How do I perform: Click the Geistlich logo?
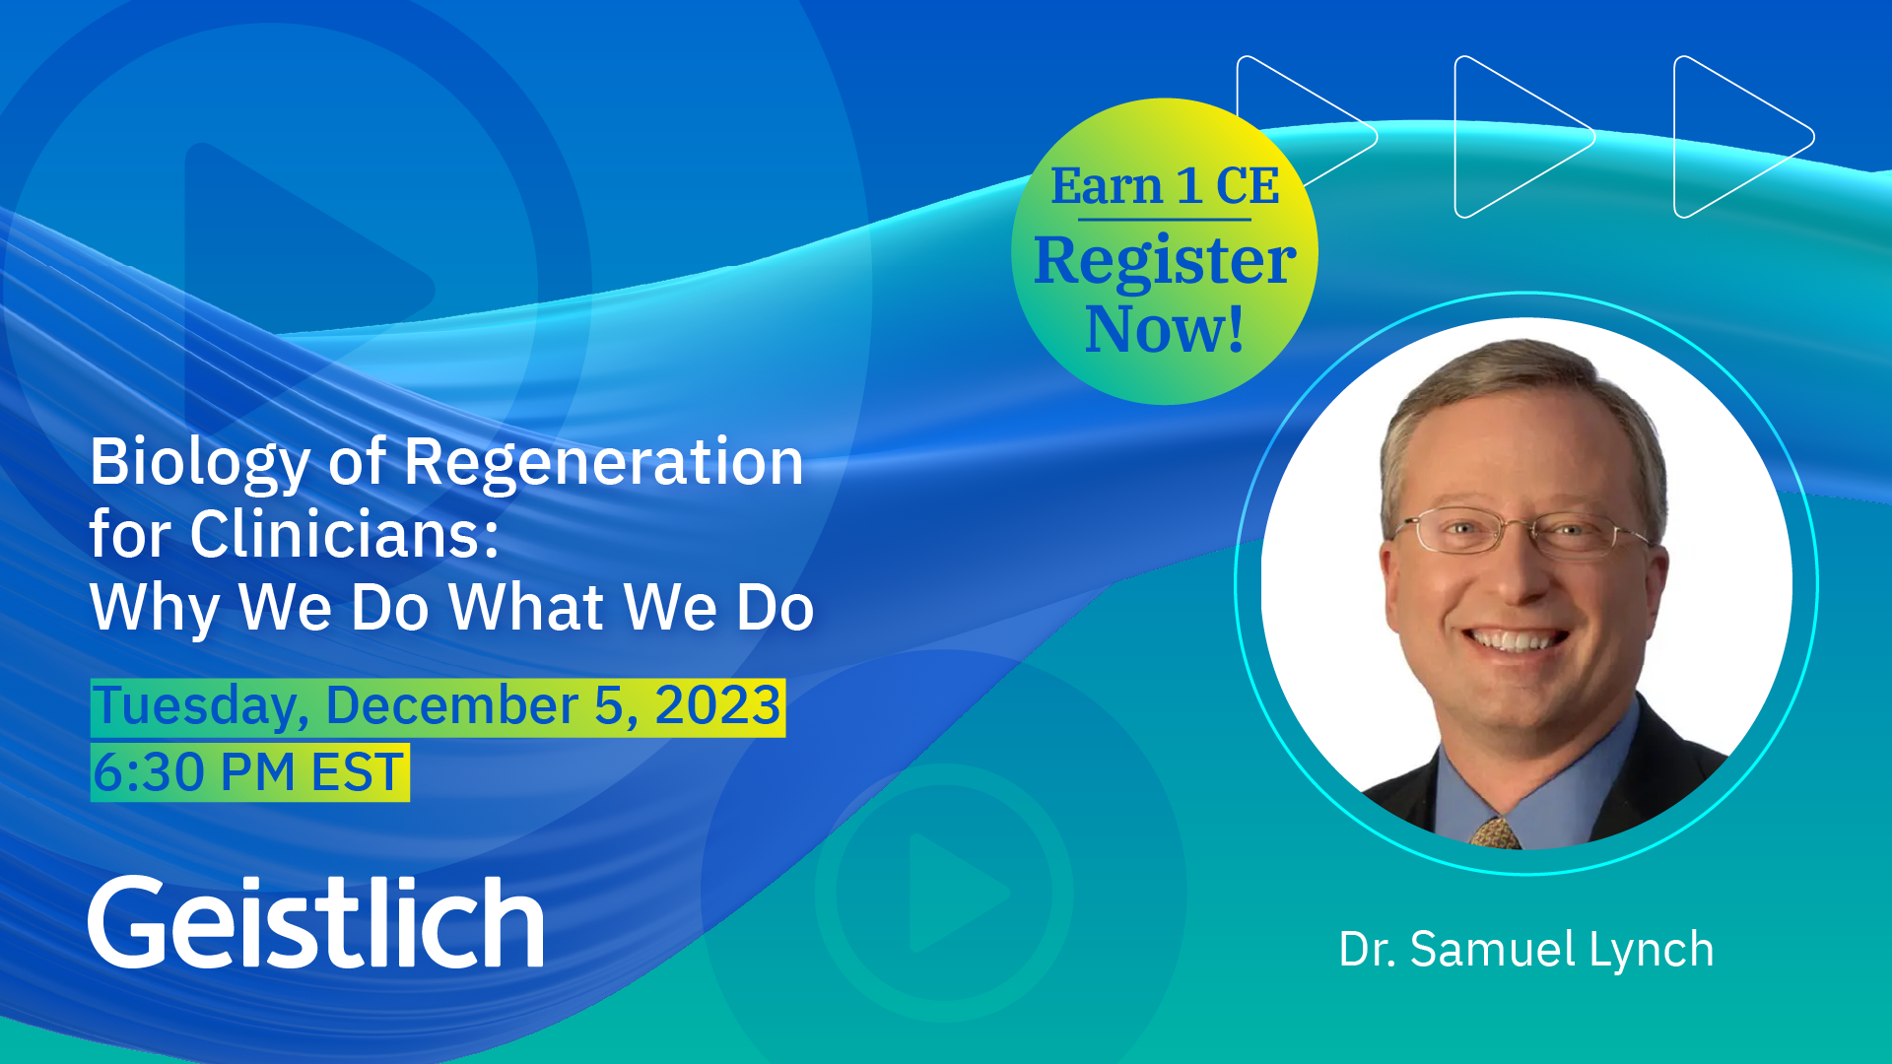316,921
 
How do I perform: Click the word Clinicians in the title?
344,534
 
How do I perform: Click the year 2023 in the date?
717,705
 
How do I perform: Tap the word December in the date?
452,705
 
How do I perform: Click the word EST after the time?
358,771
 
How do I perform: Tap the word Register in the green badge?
1165,261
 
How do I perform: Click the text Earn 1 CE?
1165,185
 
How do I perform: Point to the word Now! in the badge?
1165,329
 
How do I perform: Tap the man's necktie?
1496,832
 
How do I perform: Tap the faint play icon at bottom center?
946,893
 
